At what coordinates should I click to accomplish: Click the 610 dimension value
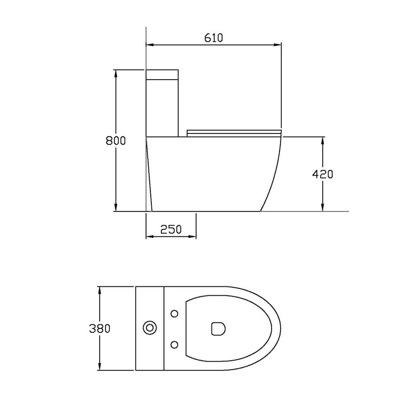pyautogui.click(x=213, y=37)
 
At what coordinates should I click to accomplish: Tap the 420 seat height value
pyautogui.click(x=323, y=175)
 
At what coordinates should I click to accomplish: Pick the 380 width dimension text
pyautogui.click(x=100, y=329)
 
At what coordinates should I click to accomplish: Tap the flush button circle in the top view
pyautogui.click(x=150, y=328)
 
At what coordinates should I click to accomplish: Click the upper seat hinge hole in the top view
pyautogui.click(x=175, y=314)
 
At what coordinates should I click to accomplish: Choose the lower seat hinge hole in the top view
pyautogui.click(x=175, y=344)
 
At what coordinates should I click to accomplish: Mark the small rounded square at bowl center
pyautogui.click(x=217, y=329)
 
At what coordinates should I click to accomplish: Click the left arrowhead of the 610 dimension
pyautogui.click(x=149, y=46)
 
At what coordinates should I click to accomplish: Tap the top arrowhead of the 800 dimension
pyautogui.click(x=115, y=72)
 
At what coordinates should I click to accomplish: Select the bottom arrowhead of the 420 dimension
pyautogui.click(x=323, y=208)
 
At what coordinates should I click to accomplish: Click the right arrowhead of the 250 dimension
pyautogui.click(x=194, y=236)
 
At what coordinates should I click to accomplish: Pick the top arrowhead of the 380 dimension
pyautogui.click(x=100, y=290)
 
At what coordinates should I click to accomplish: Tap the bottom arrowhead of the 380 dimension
pyautogui.click(x=100, y=367)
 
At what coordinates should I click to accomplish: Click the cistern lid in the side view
pyautogui.click(x=162, y=73)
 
